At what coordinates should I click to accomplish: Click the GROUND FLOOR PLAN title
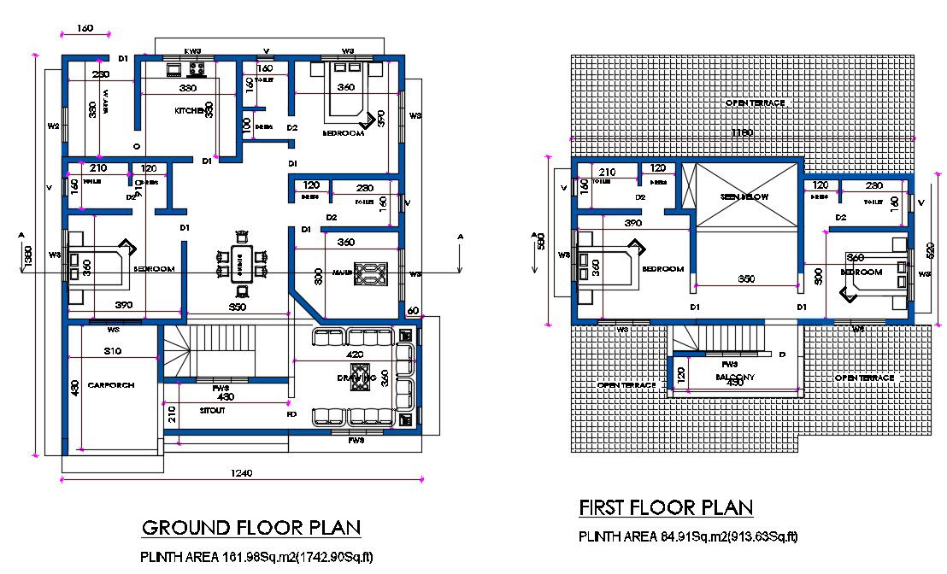250,527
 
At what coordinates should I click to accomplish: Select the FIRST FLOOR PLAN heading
666,507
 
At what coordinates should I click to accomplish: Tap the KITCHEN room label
189,111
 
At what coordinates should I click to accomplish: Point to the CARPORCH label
111,385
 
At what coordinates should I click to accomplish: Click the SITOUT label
213,411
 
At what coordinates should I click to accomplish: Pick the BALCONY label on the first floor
734,374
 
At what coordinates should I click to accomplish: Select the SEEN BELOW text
744,196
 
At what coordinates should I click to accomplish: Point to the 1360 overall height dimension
28,256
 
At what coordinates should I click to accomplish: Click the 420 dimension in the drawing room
356,354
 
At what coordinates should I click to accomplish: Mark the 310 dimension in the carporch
112,351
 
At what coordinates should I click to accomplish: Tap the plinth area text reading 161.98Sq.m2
257,558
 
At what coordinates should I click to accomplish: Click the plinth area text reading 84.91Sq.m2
688,537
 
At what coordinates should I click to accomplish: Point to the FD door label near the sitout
291,414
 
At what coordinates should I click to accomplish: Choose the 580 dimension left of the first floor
539,239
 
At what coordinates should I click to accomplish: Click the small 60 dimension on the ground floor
413,310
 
